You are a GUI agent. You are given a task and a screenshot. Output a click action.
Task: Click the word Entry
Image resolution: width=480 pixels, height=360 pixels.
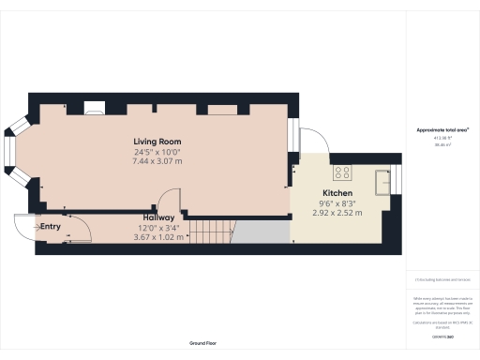[x=50, y=227]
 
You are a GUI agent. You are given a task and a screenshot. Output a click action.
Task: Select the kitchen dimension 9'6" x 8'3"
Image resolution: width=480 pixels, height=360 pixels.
[x=338, y=202]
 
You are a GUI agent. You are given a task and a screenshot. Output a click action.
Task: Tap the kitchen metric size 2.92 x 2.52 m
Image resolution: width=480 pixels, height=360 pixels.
[x=338, y=213]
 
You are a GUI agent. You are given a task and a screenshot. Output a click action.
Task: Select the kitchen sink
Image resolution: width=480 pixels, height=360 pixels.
[x=382, y=180]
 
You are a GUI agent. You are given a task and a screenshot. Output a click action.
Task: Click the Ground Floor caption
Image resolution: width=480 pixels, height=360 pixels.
[x=203, y=343]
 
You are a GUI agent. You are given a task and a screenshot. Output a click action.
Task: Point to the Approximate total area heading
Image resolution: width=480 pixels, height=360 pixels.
[x=442, y=129]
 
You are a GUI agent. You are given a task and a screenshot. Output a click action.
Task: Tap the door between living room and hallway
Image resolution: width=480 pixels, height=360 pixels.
[x=169, y=202]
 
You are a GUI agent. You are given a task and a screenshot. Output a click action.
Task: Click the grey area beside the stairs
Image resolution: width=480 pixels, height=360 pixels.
[x=259, y=231]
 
